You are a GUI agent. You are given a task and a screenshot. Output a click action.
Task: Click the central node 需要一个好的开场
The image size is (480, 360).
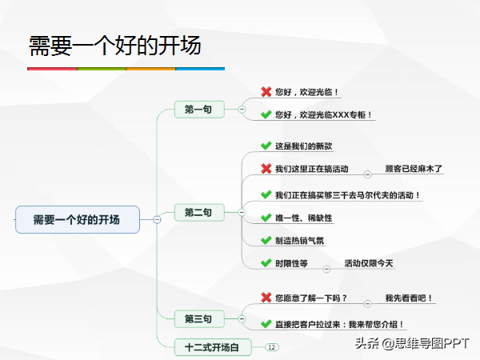pos(78,219)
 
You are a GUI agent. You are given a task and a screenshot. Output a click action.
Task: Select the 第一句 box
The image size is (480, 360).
pos(199,110)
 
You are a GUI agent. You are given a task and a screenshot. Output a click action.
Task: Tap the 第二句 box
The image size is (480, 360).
pos(199,212)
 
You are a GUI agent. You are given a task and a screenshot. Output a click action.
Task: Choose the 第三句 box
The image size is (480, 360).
pos(199,318)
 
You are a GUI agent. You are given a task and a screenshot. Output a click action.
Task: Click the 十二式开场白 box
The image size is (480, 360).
pos(213,347)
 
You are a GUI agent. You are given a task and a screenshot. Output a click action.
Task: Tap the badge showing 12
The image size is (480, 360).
pos(271,347)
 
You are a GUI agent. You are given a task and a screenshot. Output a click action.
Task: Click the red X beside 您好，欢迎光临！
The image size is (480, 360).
pos(266,91)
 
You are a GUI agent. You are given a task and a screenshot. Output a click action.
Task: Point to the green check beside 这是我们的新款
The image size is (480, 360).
pos(266,146)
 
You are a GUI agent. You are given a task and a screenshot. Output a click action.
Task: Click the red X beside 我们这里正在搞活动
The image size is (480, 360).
pos(266,168)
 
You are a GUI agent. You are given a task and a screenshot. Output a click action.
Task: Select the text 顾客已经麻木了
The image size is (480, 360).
pos(414,168)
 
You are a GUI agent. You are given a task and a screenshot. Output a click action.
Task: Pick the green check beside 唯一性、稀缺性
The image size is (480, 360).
pos(266,218)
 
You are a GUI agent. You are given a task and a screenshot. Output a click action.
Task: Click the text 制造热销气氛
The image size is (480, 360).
pos(299,241)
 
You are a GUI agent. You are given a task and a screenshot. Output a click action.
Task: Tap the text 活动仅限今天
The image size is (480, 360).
pos(369,263)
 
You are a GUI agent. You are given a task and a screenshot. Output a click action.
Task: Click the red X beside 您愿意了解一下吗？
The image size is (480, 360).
pos(266,298)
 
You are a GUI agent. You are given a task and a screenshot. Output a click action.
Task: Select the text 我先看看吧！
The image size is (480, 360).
pos(409,298)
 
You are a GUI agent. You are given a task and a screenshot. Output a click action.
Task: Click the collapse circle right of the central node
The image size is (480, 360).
pos(157,219)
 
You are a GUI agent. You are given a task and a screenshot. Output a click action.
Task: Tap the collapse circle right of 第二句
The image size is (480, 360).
pos(242,212)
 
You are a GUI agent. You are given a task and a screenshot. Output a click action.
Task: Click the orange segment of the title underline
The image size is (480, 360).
pos(150,69)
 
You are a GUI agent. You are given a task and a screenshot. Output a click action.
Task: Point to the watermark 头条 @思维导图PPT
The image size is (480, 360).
pos(412,343)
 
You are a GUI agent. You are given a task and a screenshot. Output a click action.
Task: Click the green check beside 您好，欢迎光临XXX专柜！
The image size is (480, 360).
pos(266,114)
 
